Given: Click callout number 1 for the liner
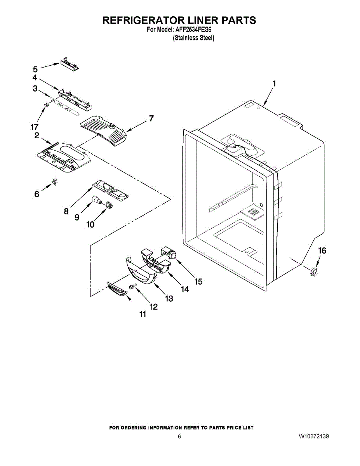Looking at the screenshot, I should [274, 83].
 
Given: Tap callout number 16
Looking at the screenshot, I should [322, 251].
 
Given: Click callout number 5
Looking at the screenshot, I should [35, 70].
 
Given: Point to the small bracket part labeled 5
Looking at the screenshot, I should [69, 64].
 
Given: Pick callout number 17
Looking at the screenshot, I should [35, 127].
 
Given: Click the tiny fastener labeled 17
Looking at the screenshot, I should [46, 105].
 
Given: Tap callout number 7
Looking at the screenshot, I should [151, 119].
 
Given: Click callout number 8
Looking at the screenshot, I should [66, 211].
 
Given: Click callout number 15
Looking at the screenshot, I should [198, 282].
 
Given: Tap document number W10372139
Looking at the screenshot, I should [314, 436].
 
